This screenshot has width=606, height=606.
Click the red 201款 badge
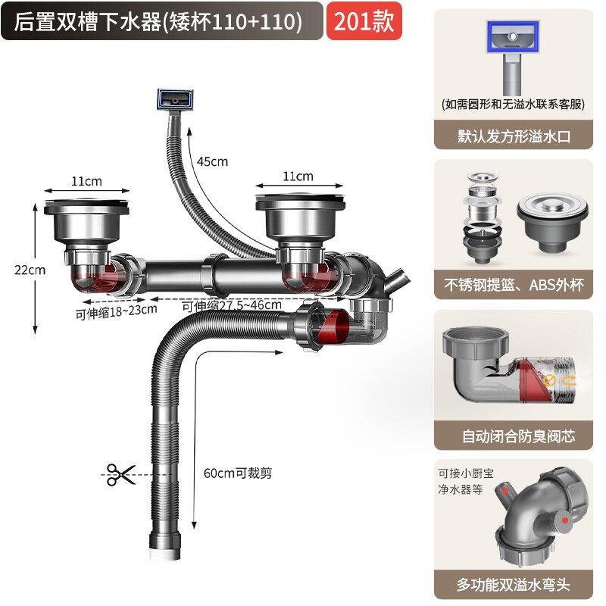[x=364, y=21]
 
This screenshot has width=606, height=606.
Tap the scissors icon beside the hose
[x=121, y=475]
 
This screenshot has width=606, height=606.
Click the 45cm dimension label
[x=212, y=161]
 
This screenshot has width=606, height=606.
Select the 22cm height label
[x=30, y=270]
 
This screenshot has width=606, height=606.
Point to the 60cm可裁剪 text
[x=238, y=473]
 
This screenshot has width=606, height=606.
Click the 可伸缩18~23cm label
[x=117, y=311]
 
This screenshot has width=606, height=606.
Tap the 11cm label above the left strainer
[x=86, y=181]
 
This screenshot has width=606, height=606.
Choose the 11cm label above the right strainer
[x=298, y=176]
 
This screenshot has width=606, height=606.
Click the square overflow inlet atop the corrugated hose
[x=175, y=99]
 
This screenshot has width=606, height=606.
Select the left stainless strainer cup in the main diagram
[x=86, y=221]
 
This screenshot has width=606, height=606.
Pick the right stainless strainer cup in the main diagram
[x=300, y=217]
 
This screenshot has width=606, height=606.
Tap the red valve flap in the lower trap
[x=333, y=326]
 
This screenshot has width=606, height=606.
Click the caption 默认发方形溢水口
[x=514, y=136]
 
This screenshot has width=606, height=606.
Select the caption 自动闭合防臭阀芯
[x=519, y=436]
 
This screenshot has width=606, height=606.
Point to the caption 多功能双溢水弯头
[x=514, y=585]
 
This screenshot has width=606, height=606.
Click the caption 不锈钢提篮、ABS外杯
[x=514, y=286]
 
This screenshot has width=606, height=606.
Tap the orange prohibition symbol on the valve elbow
[x=550, y=380]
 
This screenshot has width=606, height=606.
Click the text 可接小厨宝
[x=466, y=473]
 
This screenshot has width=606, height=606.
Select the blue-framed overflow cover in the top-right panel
[x=513, y=36]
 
